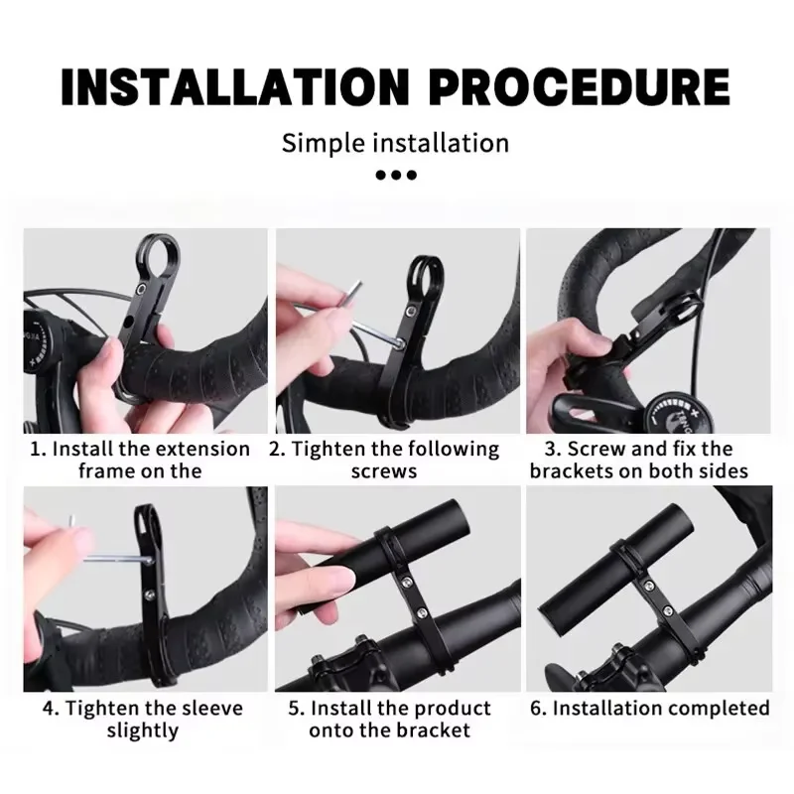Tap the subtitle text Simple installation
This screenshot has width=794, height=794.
[396, 142]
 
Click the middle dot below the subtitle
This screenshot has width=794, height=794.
[396, 176]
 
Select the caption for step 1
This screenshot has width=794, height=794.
[140, 460]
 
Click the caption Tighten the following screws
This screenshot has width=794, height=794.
[384, 460]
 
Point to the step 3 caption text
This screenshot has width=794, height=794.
[638, 460]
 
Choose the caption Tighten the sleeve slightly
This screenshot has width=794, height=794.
[142, 720]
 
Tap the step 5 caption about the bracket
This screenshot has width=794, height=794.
[389, 720]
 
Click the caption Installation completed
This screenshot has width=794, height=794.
[649, 709]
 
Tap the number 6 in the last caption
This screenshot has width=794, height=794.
[535, 709]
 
